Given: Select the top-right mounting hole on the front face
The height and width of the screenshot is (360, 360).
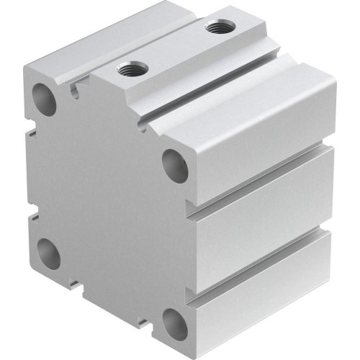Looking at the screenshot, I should [x=175, y=166].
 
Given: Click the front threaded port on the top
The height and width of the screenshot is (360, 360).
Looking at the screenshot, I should [x=131, y=70].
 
